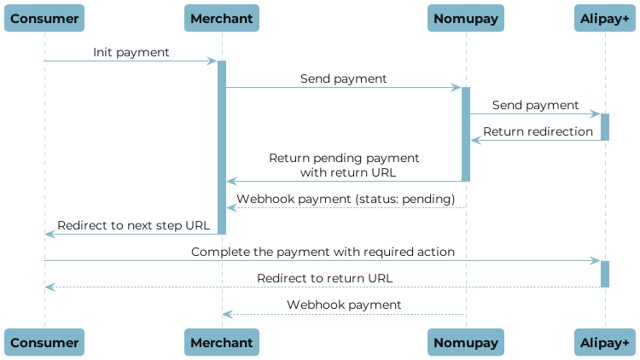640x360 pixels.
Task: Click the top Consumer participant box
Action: [45, 18]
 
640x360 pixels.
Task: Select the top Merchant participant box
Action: [222, 18]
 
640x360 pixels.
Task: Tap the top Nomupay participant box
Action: [466, 18]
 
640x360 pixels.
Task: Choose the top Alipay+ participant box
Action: [605, 18]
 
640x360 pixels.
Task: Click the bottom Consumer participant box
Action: [45, 342]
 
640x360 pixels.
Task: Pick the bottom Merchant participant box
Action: [222, 342]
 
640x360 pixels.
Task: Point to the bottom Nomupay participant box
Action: [466, 342]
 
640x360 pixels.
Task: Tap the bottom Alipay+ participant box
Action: [605, 342]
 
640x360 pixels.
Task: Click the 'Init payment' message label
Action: [131, 53]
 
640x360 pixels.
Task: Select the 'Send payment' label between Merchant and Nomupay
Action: [343, 78]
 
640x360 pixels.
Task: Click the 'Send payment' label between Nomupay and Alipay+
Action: [535, 105]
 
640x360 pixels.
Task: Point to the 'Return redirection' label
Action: [538, 131]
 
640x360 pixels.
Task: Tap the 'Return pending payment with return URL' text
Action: [344, 165]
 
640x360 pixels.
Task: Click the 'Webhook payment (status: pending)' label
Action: [346, 199]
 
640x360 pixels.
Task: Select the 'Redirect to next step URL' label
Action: [133, 225]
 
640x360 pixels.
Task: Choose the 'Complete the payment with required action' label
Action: [323, 253]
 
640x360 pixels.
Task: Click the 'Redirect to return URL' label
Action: [325, 278]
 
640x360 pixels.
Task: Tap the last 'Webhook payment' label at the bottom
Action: [344, 305]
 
